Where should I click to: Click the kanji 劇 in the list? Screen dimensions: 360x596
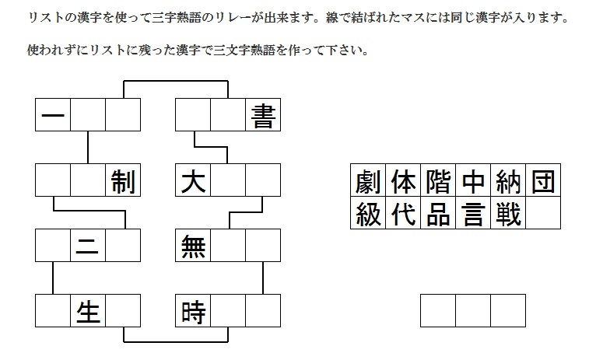coord(368,183)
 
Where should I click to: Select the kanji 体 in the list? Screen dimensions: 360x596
coord(403,183)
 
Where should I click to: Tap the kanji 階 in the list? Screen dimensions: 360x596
coord(438,183)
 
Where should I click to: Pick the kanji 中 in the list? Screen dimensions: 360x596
coord(473,183)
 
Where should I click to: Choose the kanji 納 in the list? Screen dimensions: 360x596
coord(508,183)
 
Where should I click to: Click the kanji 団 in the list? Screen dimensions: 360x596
coord(543,183)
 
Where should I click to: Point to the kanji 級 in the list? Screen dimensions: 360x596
coord(368,214)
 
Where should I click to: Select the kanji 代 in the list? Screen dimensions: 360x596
coord(403,214)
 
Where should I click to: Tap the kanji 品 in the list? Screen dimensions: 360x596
coord(438,214)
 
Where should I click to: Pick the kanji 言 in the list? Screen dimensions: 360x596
coord(473,214)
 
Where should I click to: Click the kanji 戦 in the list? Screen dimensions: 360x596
coord(508,214)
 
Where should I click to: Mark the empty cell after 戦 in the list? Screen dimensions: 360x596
coord(543,214)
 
